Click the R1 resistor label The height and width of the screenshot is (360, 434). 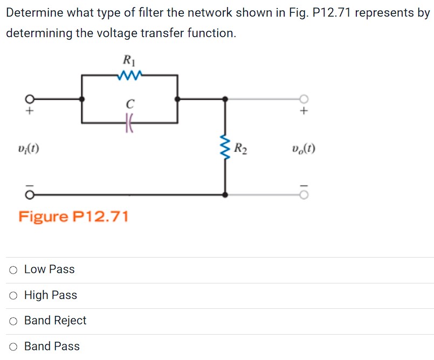[x=128, y=60]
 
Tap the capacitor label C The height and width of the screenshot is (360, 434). [x=129, y=102]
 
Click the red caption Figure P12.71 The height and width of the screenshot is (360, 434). [x=74, y=217]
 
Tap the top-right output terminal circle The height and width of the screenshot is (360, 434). [x=305, y=99]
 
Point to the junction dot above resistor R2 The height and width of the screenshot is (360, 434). [x=225, y=99]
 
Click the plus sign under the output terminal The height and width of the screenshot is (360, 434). [x=305, y=112]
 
